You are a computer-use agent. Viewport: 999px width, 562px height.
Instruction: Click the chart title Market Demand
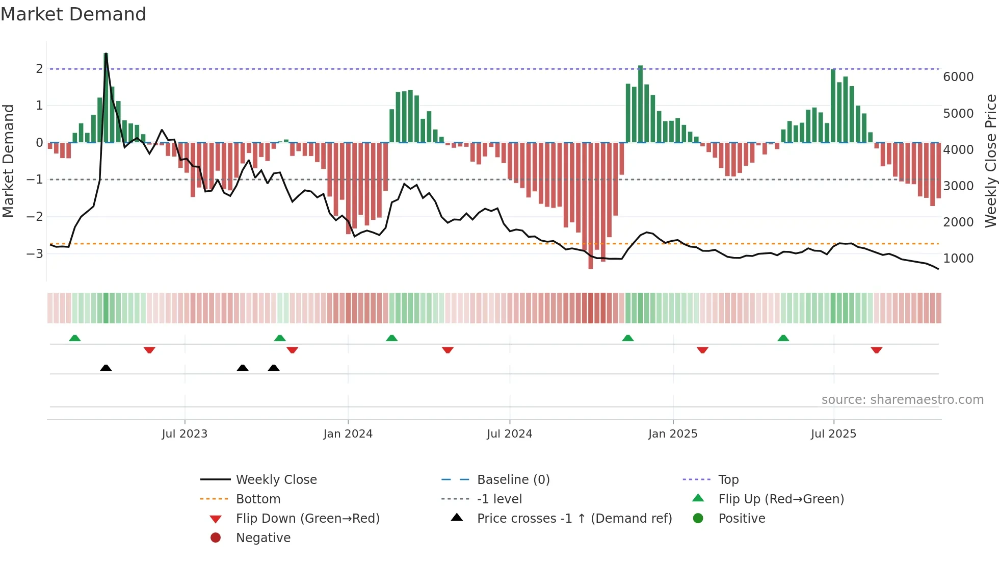(x=73, y=14)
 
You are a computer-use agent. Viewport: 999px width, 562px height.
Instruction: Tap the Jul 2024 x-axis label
(x=509, y=434)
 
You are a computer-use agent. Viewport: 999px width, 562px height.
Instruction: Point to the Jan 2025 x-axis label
(x=672, y=434)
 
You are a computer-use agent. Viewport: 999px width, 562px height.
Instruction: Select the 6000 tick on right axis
(x=958, y=77)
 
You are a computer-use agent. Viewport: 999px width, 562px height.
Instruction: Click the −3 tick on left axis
(x=35, y=253)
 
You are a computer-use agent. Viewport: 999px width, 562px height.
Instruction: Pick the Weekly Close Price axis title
(x=990, y=161)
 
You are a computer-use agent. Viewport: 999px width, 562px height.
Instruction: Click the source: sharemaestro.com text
(x=902, y=399)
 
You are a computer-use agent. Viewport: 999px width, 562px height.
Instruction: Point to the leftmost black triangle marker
(x=106, y=368)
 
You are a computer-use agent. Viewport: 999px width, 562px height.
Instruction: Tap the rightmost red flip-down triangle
(x=876, y=350)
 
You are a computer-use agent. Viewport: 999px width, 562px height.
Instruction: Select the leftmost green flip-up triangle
(x=75, y=338)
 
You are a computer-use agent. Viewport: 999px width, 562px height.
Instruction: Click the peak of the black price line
(x=106, y=54)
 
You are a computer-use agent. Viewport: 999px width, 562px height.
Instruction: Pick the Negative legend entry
(x=263, y=538)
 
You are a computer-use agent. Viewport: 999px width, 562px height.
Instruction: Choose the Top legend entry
(x=728, y=479)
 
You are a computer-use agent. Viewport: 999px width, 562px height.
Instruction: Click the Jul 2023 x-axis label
(x=185, y=434)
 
